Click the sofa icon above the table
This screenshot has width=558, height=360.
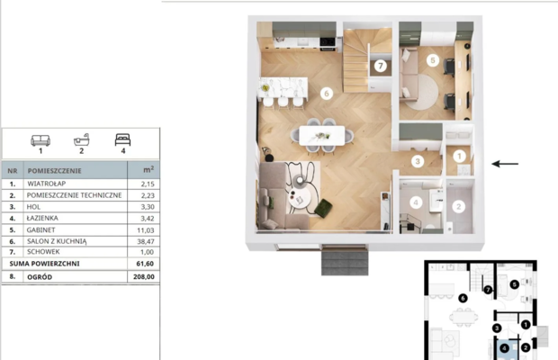[x=40, y=140]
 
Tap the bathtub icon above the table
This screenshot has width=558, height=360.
[x=82, y=139]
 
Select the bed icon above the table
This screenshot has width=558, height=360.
[x=122, y=139]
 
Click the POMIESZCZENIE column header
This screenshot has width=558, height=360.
[x=54, y=171]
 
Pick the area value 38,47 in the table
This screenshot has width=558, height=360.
[x=146, y=241]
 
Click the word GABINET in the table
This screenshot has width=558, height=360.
[x=40, y=229]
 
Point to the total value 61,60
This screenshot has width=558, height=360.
[x=145, y=264]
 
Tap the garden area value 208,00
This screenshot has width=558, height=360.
[x=144, y=277]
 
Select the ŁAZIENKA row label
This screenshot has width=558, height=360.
[x=42, y=218]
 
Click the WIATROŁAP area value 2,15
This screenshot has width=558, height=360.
[x=148, y=184]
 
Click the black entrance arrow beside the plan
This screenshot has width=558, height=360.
[x=505, y=164]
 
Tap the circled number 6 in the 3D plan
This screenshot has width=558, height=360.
[x=327, y=94]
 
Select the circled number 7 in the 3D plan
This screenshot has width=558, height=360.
[x=381, y=66]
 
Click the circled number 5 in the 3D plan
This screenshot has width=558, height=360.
[x=433, y=60]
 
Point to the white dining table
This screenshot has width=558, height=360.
[x=321, y=136]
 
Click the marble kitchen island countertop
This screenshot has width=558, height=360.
[x=283, y=87]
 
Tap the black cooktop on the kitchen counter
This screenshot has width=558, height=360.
[x=328, y=42]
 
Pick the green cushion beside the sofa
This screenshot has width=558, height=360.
[x=323, y=208]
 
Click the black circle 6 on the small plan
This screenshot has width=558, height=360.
[x=463, y=298]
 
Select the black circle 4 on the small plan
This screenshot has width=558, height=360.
[x=504, y=348]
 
